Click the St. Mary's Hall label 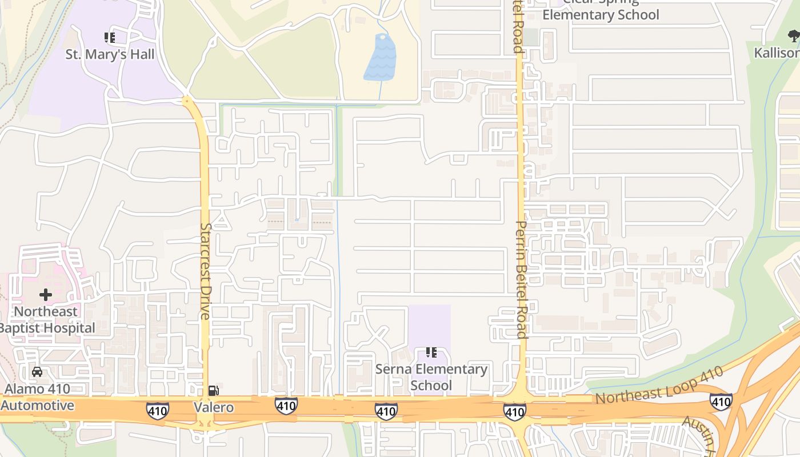click(110, 55)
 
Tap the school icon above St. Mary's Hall click(110, 38)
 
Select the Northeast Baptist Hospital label click(47, 320)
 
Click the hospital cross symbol click(45, 295)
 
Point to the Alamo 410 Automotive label click(38, 398)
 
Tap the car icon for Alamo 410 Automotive click(37, 372)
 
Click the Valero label click(213, 407)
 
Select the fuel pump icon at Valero click(213, 391)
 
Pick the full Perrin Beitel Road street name click(520, 279)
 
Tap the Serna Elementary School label click(431, 377)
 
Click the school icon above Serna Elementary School click(431, 352)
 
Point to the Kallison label click(777, 53)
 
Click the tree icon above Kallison click(793, 37)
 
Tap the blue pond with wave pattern click(380, 58)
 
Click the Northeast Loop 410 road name click(659, 386)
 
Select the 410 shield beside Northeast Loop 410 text click(721, 402)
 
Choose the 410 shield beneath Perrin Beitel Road click(514, 411)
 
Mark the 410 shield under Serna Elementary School click(386, 411)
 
